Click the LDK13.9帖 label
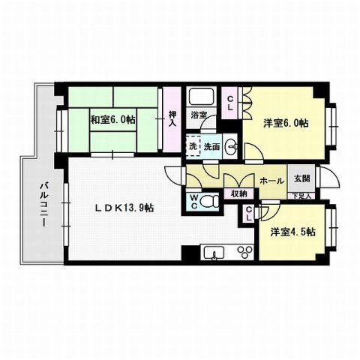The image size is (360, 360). pos(124,208)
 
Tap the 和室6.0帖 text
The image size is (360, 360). pos(113,119)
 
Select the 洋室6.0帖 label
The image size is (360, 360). pos(286,122)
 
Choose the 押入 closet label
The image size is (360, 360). pos(172,118)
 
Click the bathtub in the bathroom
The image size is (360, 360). pos(201,97)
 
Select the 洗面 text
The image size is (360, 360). pos(211,147)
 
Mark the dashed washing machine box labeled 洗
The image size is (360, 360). pos(193,147)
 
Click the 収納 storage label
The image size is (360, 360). pos(238,193)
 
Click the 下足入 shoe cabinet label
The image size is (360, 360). pos(301,195)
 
